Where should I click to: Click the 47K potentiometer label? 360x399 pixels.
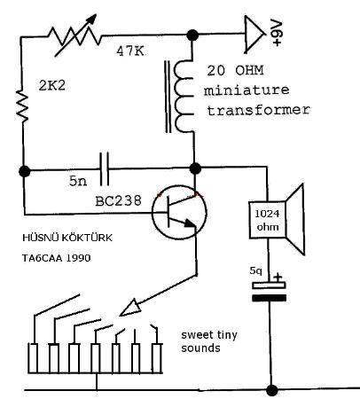click(130, 51)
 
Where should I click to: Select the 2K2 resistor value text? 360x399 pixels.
click(52, 86)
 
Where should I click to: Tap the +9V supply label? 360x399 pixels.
click(278, 33)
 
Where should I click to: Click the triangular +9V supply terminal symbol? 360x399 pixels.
click(254, 35)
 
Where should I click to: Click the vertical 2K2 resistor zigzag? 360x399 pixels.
click(23, 106)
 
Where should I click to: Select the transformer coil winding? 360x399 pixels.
click(184, 96)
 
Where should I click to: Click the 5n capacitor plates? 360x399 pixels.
click(104, 169)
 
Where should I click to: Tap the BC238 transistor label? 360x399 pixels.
click(119, 200)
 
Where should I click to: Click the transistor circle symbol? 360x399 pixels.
click(179, 212)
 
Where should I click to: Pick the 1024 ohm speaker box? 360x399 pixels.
click(267, 220)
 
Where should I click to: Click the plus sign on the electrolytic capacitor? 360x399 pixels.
click(278, 278)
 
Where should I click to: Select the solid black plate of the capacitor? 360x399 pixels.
click(269, 298)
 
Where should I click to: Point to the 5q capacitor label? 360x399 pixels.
click(255, 270)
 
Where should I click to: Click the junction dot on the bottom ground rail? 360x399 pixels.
click(272, 390)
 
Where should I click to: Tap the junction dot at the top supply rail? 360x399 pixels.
click(192, 35)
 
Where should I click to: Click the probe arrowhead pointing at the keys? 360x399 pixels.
click(130, 308)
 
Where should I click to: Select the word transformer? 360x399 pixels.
click(258, 110)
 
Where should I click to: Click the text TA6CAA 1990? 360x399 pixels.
click(57, 258)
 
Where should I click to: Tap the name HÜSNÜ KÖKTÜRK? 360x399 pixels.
click(67, 238)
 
